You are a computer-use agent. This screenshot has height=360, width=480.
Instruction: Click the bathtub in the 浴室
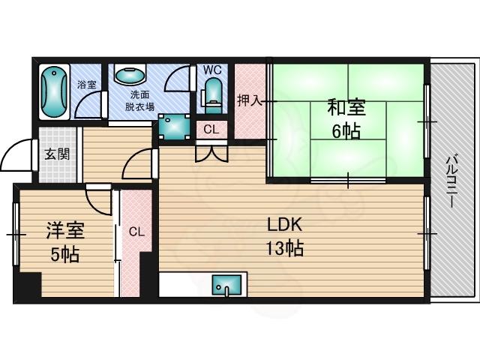54,91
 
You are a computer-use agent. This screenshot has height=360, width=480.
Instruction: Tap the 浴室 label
86,84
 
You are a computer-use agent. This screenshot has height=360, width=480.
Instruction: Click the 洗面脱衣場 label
139,100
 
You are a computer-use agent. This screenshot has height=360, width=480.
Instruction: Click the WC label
212,70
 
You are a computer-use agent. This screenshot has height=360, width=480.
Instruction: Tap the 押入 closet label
249,100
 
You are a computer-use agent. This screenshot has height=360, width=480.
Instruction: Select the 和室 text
346,107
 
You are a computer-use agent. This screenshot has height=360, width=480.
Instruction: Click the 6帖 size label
346,131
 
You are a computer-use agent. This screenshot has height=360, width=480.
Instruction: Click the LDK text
284,224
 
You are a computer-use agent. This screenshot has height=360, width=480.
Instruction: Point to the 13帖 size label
284,248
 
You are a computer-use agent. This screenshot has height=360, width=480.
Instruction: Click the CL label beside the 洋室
135,232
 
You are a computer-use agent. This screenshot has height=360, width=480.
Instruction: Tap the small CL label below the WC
211,129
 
